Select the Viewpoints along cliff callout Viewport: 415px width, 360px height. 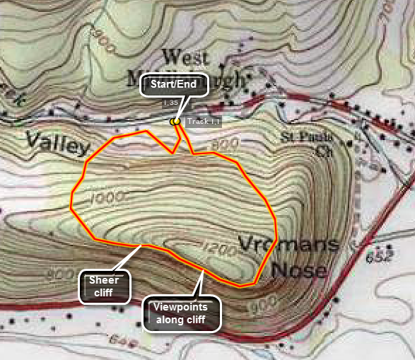182,313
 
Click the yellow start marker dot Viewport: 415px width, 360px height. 174,122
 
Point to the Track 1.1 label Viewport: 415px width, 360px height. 205,122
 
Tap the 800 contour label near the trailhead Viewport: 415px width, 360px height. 226,144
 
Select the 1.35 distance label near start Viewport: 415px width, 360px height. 170,103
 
